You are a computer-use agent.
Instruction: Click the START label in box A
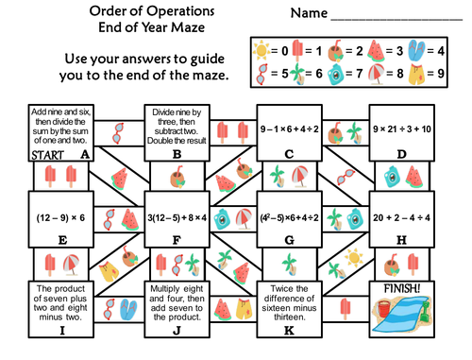[27, 152]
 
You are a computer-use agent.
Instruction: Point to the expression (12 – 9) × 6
[62, 218]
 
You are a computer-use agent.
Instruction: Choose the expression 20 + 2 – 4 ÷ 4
[402, 218]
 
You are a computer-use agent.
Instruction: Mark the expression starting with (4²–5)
[289, 218]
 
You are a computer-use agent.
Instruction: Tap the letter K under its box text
[289, 330]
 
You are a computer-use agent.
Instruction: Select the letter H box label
[402, 241]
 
